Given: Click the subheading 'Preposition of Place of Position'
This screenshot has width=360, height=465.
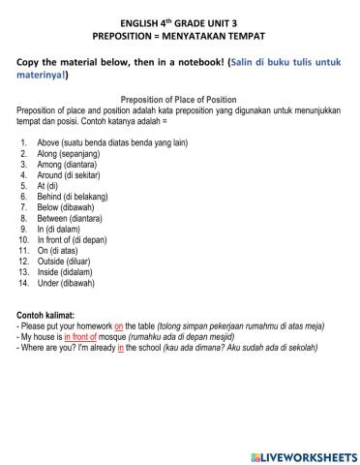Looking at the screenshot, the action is [x=179, y=100].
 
